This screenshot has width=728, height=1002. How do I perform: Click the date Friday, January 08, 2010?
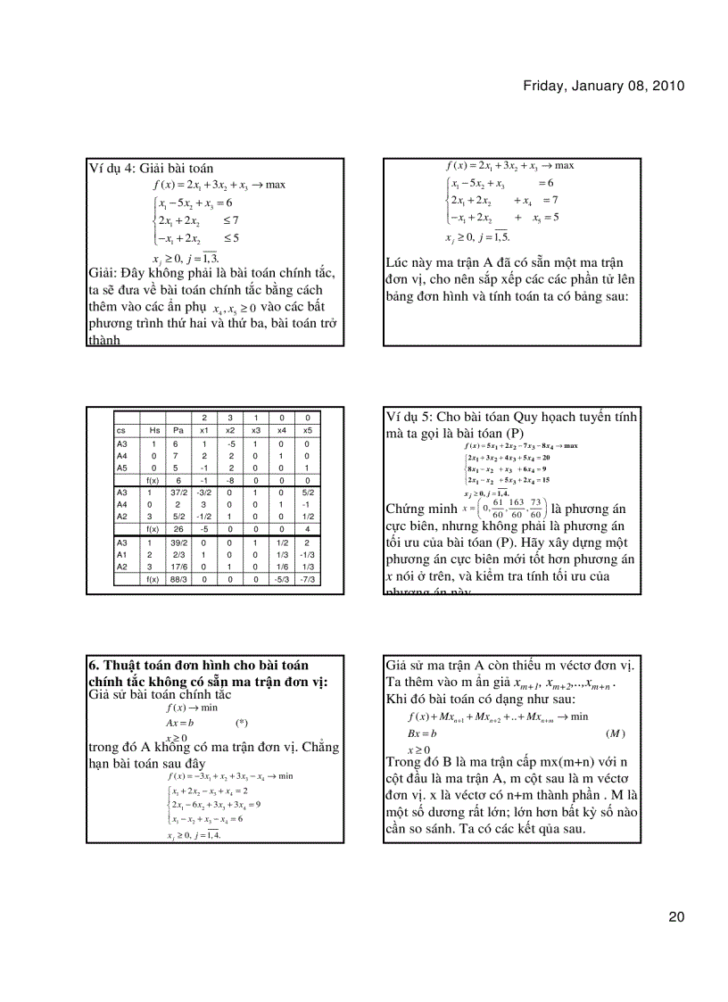tap(603, 87)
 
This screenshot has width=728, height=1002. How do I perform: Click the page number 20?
tap(677, 916)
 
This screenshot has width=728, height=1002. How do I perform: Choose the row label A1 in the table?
tap(122, 553)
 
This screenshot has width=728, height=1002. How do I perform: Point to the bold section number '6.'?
tap(94, 666)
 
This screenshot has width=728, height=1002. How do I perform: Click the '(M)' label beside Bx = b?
tap(614, 733)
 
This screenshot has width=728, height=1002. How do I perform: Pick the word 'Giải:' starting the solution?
tap(108, 273)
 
